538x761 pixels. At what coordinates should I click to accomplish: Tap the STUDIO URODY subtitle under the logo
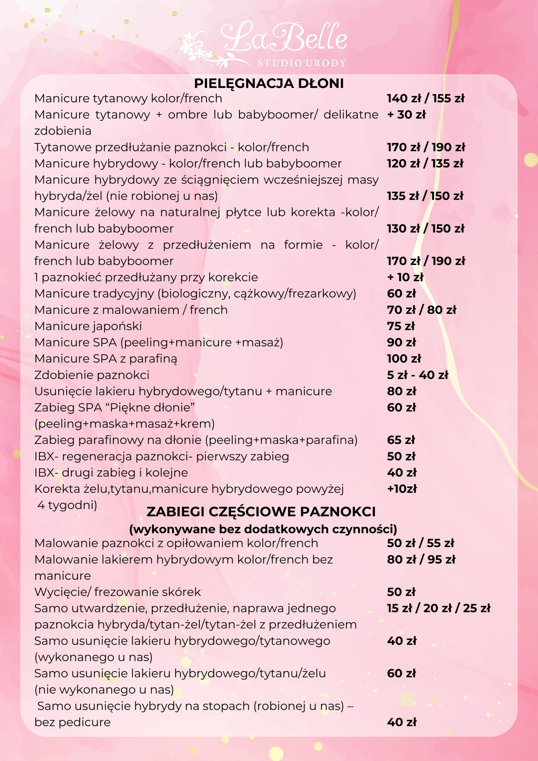[302, 63]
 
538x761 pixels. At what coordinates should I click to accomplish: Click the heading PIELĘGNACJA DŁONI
[269, 84]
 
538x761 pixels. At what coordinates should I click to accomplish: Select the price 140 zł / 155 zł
[426, 98]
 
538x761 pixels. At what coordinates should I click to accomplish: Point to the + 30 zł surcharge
[406, 115]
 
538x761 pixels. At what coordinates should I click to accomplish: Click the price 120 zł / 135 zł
[425, 163]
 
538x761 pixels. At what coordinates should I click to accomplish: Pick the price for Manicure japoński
[401, 326]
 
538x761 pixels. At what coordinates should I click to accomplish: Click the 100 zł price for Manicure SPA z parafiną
[404, 359]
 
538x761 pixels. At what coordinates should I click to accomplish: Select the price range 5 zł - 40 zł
[417, 375]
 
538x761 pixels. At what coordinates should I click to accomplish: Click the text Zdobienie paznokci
[92, 375]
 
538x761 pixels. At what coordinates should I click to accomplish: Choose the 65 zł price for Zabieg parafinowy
[401, 440]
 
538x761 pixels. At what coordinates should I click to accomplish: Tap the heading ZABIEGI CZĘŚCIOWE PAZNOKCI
[261, 512]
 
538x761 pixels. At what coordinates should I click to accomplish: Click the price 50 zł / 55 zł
[420, 543]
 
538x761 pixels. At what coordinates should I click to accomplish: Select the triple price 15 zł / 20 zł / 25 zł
[438, 608]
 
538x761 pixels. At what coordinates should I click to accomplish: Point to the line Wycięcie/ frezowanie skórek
[118, 592]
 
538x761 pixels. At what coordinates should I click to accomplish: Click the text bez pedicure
[73, 722]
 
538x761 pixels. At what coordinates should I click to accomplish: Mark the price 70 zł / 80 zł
[421, 310]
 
